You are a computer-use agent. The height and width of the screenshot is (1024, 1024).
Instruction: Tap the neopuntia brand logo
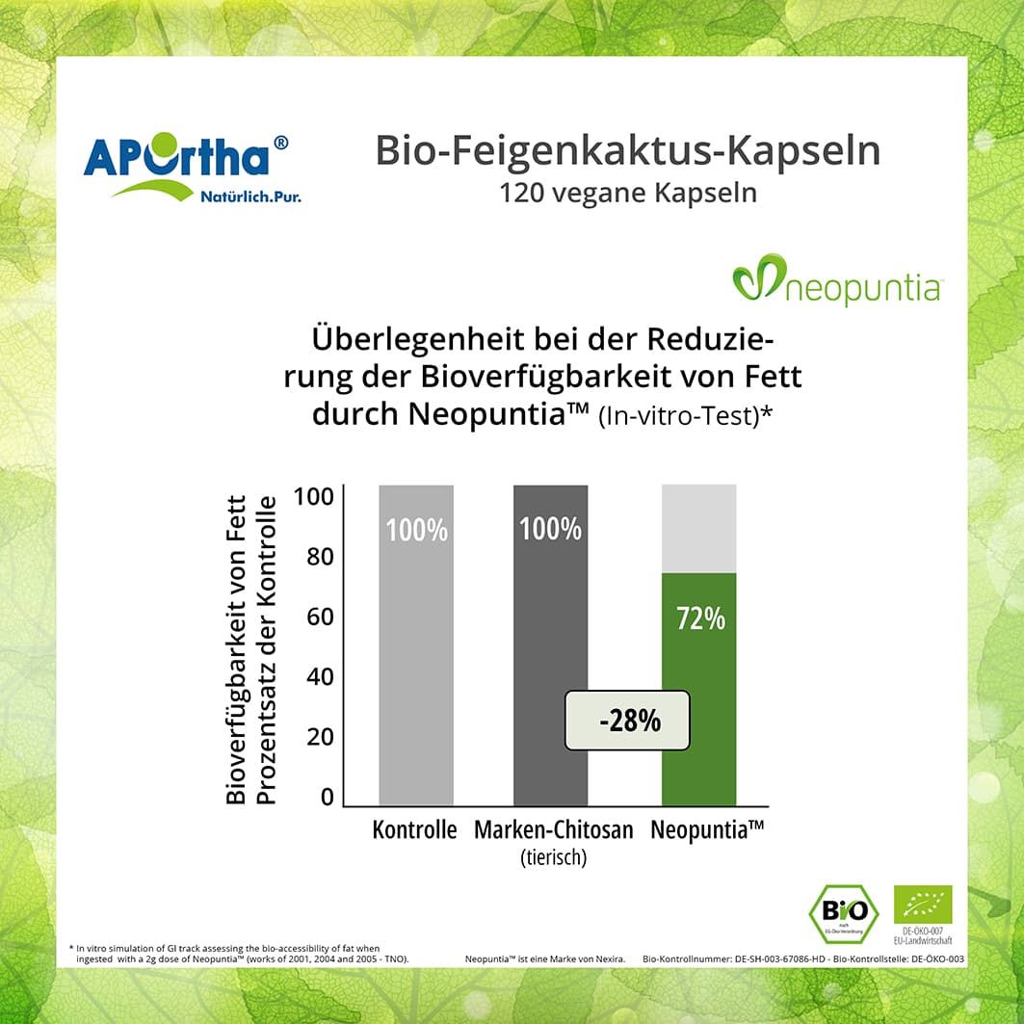click(x=836, y=280)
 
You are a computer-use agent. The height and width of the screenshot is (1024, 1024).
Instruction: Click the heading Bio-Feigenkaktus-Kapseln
click(x=627, y=151)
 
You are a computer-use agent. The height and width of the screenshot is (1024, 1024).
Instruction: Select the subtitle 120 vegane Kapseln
click(x=627, y=193)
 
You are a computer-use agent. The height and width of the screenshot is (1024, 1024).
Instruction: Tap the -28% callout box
click(x=627, y=721)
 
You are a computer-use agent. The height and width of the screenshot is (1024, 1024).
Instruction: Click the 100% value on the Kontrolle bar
click(x=416, y=530)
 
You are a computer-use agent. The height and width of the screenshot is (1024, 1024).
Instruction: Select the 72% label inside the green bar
click(x=699, y=618)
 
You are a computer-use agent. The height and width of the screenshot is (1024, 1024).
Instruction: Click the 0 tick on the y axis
click(x=327, y=797)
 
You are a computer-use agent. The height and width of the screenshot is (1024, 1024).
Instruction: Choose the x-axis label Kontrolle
click(x=414, y=829)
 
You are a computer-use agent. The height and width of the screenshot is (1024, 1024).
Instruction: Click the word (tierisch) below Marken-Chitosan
click(x=552, y=856)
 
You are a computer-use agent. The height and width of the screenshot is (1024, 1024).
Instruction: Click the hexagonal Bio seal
click(x=843, y=911)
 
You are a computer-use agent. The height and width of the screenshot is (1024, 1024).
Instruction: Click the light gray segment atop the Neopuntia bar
click(x=699, y=528)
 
